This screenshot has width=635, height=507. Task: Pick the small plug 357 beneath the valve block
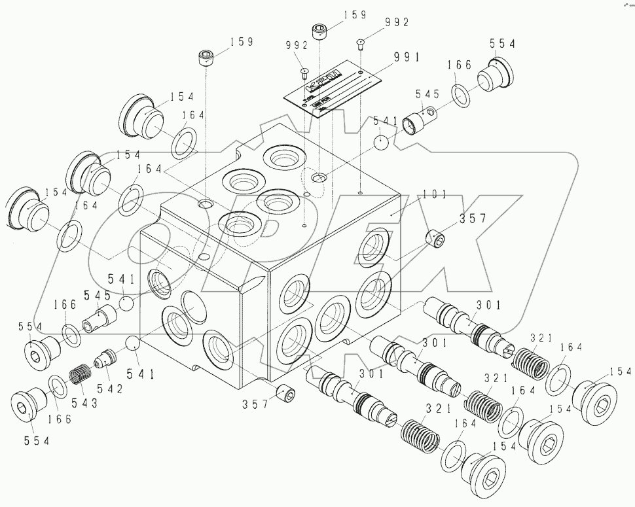pyautogui.click(x=285, y=395)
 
